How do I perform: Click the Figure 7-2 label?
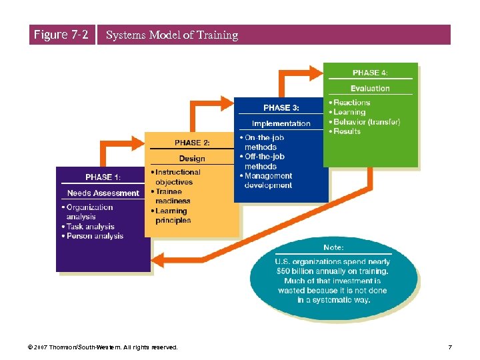61,35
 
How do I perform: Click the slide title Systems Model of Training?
172,35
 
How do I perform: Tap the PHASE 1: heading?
103,177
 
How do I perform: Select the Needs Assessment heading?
103,193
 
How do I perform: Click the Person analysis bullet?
95,236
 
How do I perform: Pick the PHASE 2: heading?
192,143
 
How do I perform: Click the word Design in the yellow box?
192,159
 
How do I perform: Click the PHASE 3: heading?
281,107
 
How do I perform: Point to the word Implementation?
281,123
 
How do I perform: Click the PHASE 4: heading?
370,73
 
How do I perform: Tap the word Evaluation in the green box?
370,89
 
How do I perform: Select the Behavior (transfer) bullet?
367,122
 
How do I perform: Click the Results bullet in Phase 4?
347,131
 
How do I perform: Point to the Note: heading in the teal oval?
333,248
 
